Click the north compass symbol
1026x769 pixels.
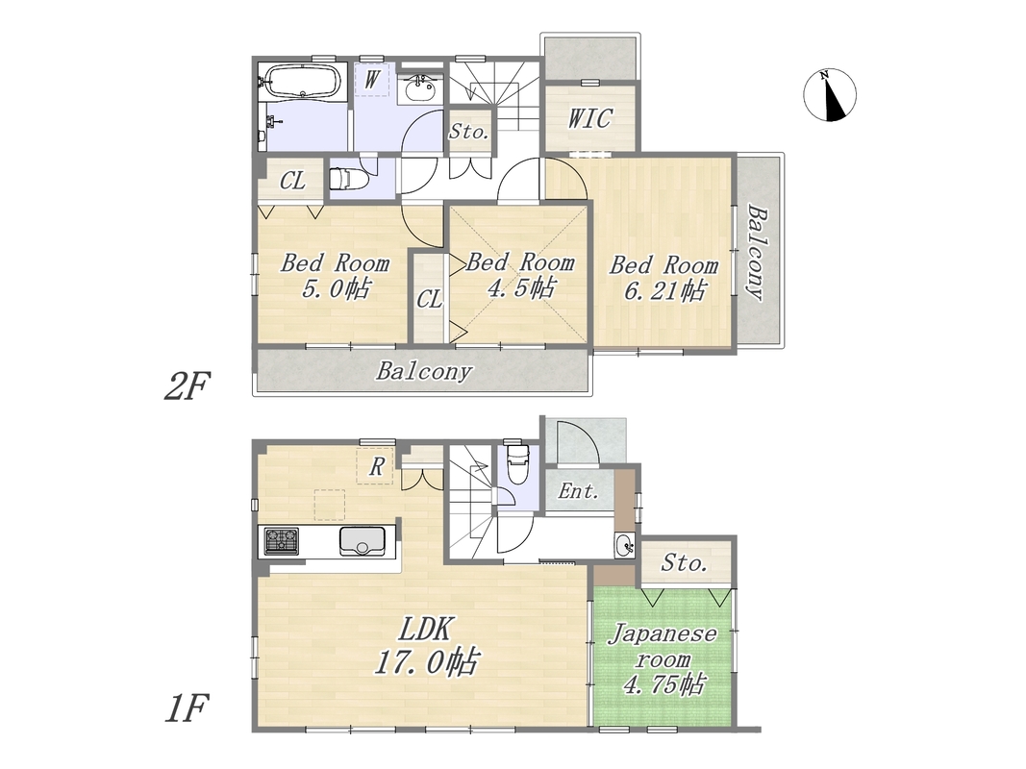click(830, 95)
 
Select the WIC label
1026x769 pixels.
click(590, 118)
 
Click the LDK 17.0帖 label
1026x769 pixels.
click(426, 646)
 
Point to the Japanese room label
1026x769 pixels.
click(663, 659)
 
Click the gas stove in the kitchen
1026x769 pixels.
click(282, 541)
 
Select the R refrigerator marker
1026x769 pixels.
click(376, 466)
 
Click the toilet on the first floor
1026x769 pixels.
click(517, 463)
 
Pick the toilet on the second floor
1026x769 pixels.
click(348, 178)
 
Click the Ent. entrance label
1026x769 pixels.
click(579, 491)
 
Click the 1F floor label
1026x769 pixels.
click(186, 708)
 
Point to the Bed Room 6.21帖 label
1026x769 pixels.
click(663, 277)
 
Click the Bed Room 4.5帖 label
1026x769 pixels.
click(520, 275)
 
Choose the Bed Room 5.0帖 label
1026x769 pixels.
click(335, 275)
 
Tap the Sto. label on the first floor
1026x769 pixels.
click(684, 562)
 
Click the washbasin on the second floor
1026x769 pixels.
click(419, 88)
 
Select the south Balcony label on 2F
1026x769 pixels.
click(424, 371)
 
